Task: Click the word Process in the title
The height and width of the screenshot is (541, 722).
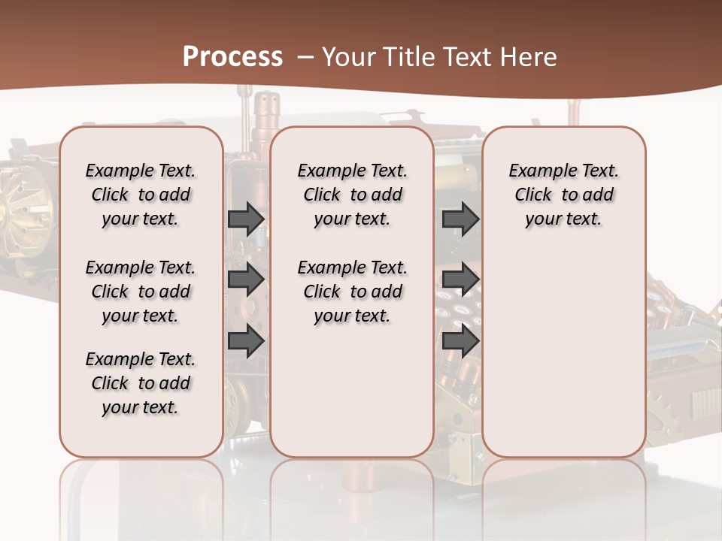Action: (x=232, y=56)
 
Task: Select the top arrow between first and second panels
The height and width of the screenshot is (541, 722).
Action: (x=246, y=219)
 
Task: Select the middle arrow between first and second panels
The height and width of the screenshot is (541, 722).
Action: (x=246, y=280)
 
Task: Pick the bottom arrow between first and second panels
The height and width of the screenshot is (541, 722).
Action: (x=246, y=341)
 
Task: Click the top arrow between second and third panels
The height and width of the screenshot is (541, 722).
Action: (x=460, y=219)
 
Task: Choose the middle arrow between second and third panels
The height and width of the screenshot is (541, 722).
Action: (x=460, y=280)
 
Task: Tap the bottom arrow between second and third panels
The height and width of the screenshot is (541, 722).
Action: (x=460, y=341)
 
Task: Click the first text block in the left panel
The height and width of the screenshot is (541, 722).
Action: (x=141, y=195)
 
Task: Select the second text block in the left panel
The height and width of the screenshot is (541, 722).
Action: (x=141, y=292)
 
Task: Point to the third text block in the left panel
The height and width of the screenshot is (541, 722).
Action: (x=141, y=383)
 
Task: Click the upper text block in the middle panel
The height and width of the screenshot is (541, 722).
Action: (x=352, y=195)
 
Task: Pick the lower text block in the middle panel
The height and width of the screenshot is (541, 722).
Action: (x=352, y=292)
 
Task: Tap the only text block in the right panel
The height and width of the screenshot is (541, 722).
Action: (x=563, y=195)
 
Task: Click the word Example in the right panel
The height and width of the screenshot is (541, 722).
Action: (x=535, y=171)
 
